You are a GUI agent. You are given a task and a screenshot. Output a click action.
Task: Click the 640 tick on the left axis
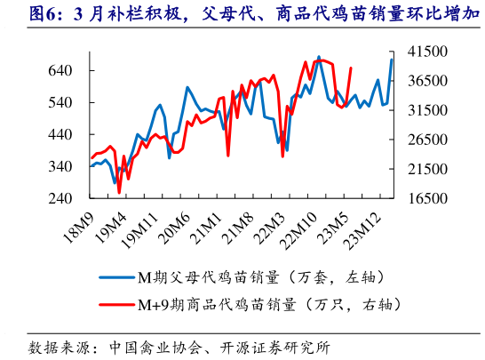(61, 70)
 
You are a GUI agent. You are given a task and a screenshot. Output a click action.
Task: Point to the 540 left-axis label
(61, 102)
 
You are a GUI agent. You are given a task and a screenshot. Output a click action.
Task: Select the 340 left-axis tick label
(61, 167)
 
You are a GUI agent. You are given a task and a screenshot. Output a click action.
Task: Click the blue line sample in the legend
(114, 276)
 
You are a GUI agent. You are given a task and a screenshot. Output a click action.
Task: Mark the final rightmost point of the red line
(352, 68)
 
